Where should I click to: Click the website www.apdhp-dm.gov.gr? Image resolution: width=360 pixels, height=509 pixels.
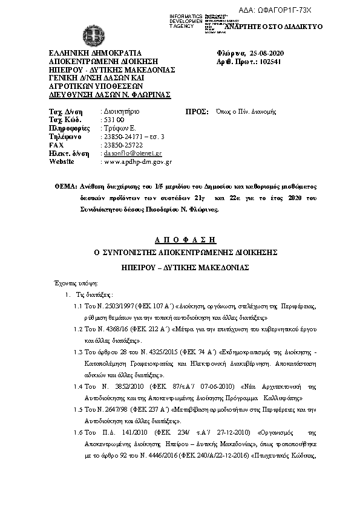139,162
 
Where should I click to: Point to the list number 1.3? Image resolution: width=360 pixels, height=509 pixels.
77,351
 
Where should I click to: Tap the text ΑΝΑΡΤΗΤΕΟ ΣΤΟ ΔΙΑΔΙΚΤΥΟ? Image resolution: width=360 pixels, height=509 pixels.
273,27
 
